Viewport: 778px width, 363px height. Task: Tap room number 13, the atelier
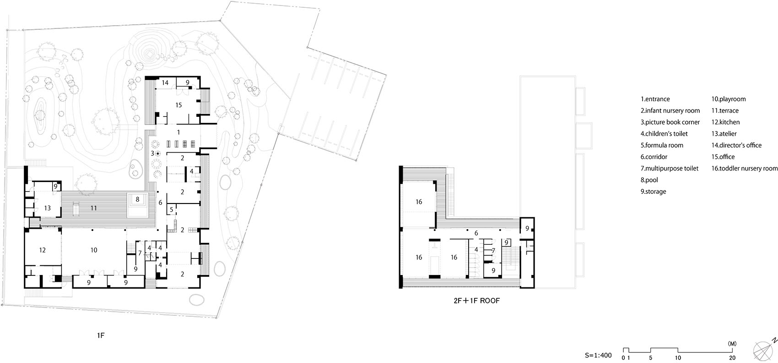coord(47,208)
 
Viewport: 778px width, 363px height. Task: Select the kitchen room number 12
coord(43,250)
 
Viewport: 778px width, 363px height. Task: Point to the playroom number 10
coord(94,250)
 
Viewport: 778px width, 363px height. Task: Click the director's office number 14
coord(165,82)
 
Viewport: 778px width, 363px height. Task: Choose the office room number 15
coord(178,105)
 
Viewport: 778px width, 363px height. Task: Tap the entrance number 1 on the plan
coord(178,132)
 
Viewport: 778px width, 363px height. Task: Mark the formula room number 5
coord(172,209)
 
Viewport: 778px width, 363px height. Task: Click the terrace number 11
coord(93,208)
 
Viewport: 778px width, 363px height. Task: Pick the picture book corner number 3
coord(152,153)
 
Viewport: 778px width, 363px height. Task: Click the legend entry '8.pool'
coord(649,180)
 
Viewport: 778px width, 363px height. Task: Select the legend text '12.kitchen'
coord(725,122)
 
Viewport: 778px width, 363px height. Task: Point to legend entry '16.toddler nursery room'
coord(744,168)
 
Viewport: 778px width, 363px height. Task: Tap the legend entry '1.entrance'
coord(655,99)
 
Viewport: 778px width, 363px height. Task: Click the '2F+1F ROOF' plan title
coord(476,301)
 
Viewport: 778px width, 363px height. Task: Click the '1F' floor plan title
coord(100,335)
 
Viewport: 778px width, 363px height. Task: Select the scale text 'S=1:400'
coord(598,356)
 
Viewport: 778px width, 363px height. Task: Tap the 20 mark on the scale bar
coord(732,358)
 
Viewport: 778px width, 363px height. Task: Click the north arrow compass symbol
coord(763,351)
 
